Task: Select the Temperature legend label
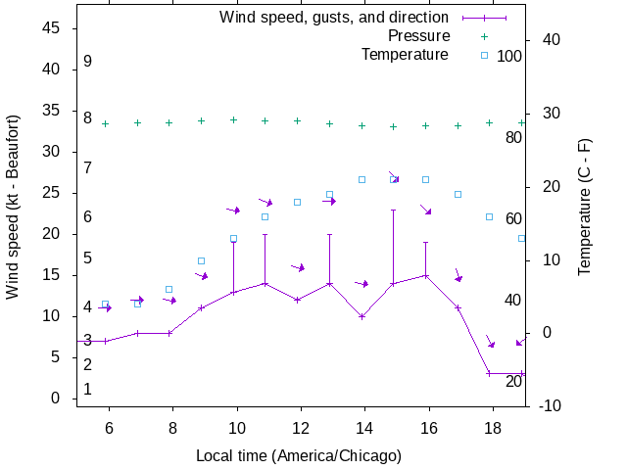[x=405, y=54]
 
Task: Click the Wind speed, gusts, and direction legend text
[x=334, y=17]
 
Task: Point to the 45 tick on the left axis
[x=53, y=28]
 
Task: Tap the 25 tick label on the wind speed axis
[x=53, y=193]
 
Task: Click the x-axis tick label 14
[x=364, y=428]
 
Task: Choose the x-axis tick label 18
[x=490, y=428]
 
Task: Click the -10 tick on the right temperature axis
[x=550, y=406]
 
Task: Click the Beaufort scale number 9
[x=87, y=61]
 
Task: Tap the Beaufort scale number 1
[x=87, y=389]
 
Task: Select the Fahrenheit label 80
[x=513, y=138]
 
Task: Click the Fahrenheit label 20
[x=513, y=381]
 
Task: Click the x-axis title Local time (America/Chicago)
[x=299, y=455]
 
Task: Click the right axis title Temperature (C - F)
[x=585, y=207]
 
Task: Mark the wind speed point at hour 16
[x=425, y=275]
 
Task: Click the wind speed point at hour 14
[x=362, y=316]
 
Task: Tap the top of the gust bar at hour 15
[x=394, y=210]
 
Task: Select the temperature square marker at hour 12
[x=297, y=202]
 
